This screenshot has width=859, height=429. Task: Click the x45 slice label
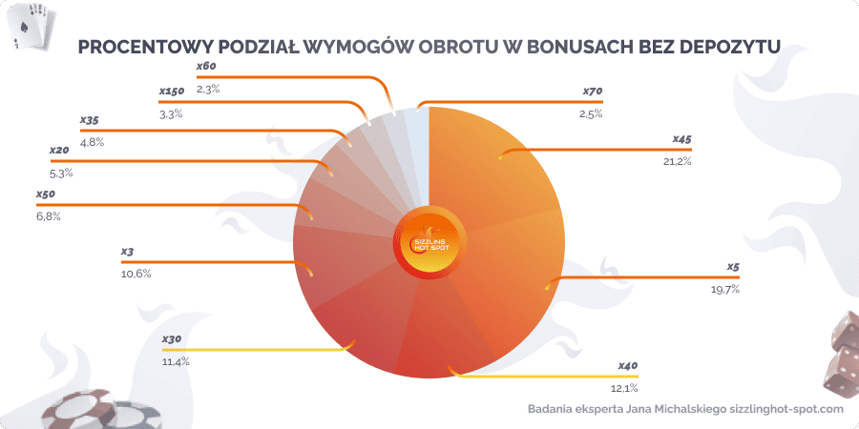[681, 139]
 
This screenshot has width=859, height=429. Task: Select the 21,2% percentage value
[678, 161]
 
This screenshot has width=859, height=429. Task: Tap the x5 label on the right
[733, 267]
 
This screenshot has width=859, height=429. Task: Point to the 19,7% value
[725, 289]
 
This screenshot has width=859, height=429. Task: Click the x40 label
[626, 366]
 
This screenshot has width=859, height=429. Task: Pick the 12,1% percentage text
[622, 388]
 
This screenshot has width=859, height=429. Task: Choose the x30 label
[172, 339]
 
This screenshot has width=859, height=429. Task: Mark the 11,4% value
[176, 361]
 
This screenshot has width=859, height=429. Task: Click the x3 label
[127, 252]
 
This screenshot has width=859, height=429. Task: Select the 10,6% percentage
[136, 274]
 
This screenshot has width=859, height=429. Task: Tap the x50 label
[45, 194]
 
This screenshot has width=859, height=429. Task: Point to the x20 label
[58, 152]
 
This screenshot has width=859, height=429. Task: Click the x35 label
[90, 121]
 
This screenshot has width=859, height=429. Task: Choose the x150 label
[172, 92]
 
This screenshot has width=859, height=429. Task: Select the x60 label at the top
[206, 67]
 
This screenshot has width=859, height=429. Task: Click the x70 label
[593, 92]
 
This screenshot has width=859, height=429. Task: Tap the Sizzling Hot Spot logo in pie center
[429, 241]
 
